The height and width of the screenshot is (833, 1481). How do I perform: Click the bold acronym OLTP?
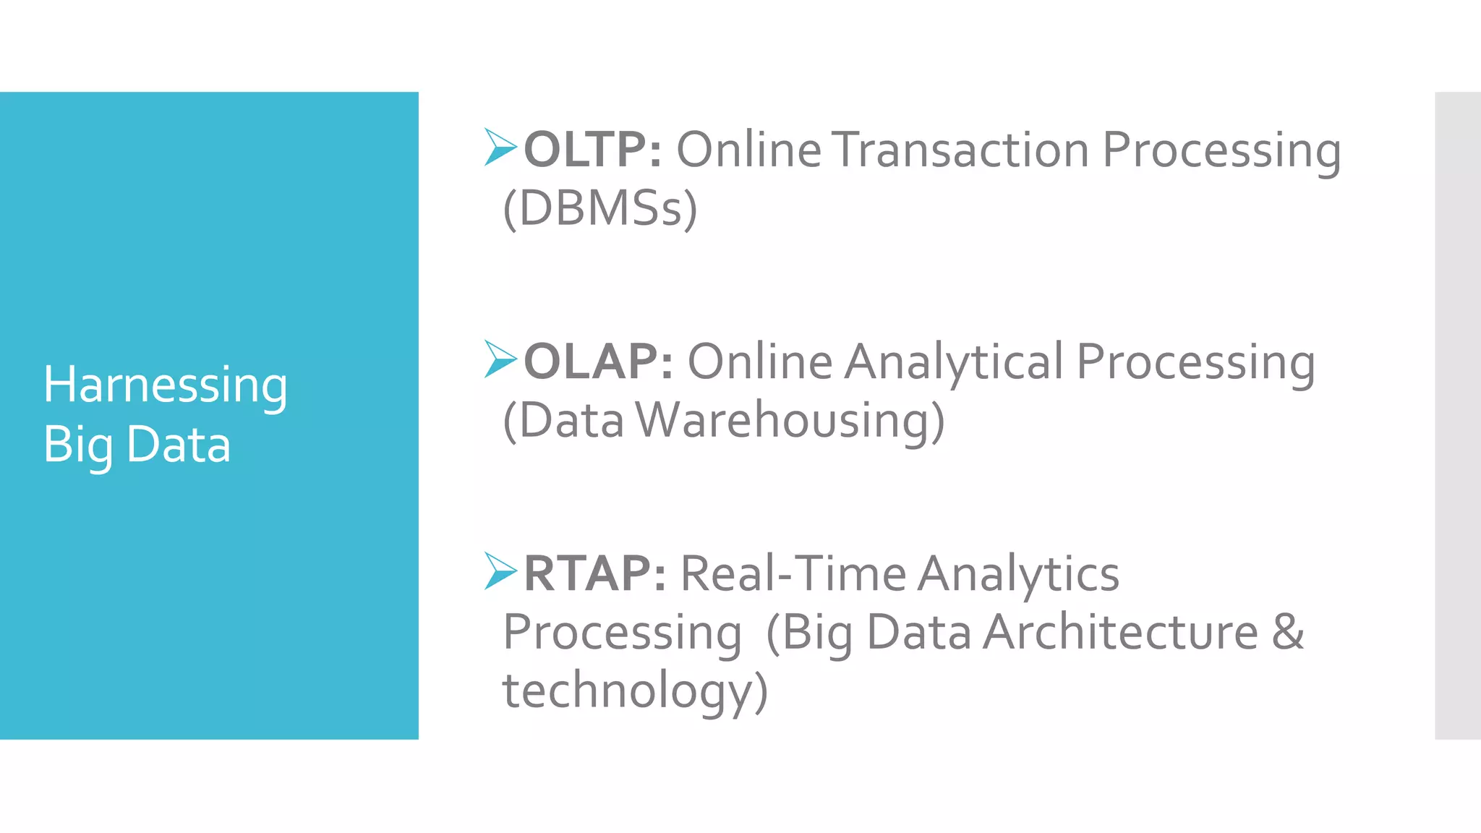[592, 150]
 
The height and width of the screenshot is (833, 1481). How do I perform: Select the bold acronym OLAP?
[598, 361]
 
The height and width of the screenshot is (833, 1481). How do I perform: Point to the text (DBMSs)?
[600, 209]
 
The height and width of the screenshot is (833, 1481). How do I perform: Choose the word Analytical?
[954, 362]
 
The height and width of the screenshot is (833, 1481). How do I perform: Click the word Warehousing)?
[790, 421]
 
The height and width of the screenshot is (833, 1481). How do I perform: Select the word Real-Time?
[793, 573]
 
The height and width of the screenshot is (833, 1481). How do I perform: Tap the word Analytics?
[1019, 575]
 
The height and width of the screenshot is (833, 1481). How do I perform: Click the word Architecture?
[1120, 632]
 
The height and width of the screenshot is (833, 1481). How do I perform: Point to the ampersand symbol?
[1287, 632]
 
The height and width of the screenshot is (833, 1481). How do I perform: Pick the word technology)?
[635, 691]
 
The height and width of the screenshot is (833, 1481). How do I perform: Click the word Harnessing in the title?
[165, 385]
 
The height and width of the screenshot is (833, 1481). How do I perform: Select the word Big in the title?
[77, 445]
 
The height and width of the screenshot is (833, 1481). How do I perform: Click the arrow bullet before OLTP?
[500, 147]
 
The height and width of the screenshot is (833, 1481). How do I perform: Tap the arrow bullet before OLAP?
[500, 359]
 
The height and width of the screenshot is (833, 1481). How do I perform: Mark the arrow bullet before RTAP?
[500, 571]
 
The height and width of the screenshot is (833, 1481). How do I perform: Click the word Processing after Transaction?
[1221, 151]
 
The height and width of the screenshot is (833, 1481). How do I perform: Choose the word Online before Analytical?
[759, 361]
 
